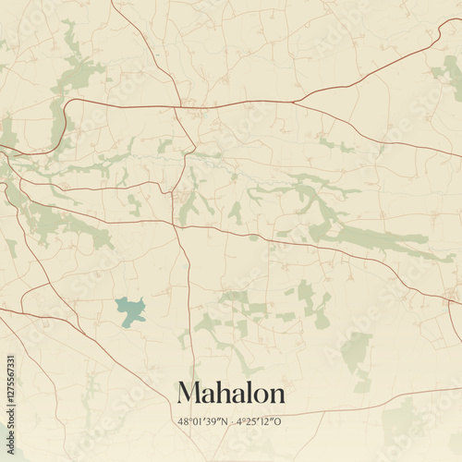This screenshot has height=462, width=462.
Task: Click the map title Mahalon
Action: pyautogui.click(x=231, y=393)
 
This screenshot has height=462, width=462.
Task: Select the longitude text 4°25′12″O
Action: pyautogui.click(x=259, y=421)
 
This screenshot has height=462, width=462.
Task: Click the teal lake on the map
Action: pyautogui.click(x=130, y=310)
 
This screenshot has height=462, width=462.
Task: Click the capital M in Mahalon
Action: pyautogui.click(x=188, y=393)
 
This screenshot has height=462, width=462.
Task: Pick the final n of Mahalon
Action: pyautogui.click(x=276, y=395)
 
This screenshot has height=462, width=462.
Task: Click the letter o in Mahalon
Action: pyautogui.click(x=260, y=395)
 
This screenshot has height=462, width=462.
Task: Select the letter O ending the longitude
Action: pyautogui.click(x=281, y=421)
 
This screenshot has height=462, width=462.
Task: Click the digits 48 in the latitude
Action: pyautogui.click(x=183, y=421)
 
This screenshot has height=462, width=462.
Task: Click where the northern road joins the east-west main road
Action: pyautogui.click(x=181, y=104)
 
